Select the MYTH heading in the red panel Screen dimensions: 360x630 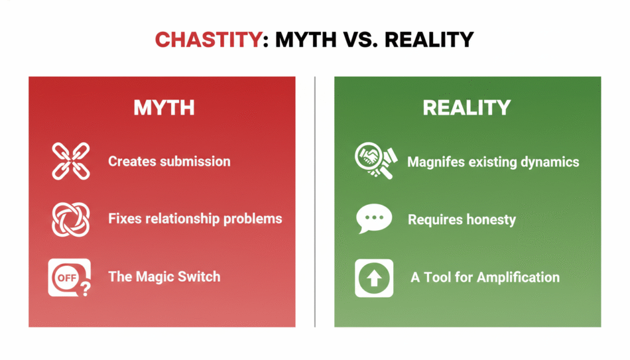164,108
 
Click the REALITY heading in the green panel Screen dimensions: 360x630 466,108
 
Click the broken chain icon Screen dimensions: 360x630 70,161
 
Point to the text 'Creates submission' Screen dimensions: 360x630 169,162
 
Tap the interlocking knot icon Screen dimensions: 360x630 70,219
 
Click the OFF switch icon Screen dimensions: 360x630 66,278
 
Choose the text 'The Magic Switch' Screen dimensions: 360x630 164,276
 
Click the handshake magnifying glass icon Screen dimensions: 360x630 373,161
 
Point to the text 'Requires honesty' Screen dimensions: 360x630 461,220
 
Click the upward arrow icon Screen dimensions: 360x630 374,278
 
